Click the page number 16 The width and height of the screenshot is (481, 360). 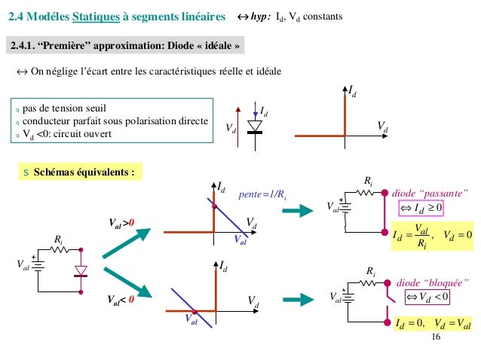pos(435,337)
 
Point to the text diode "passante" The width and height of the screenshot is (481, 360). pos(430,191)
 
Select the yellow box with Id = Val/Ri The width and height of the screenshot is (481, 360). pos(430,237)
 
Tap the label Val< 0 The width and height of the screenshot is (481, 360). pos(120,298)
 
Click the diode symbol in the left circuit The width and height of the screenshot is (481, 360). pos(81,270)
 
